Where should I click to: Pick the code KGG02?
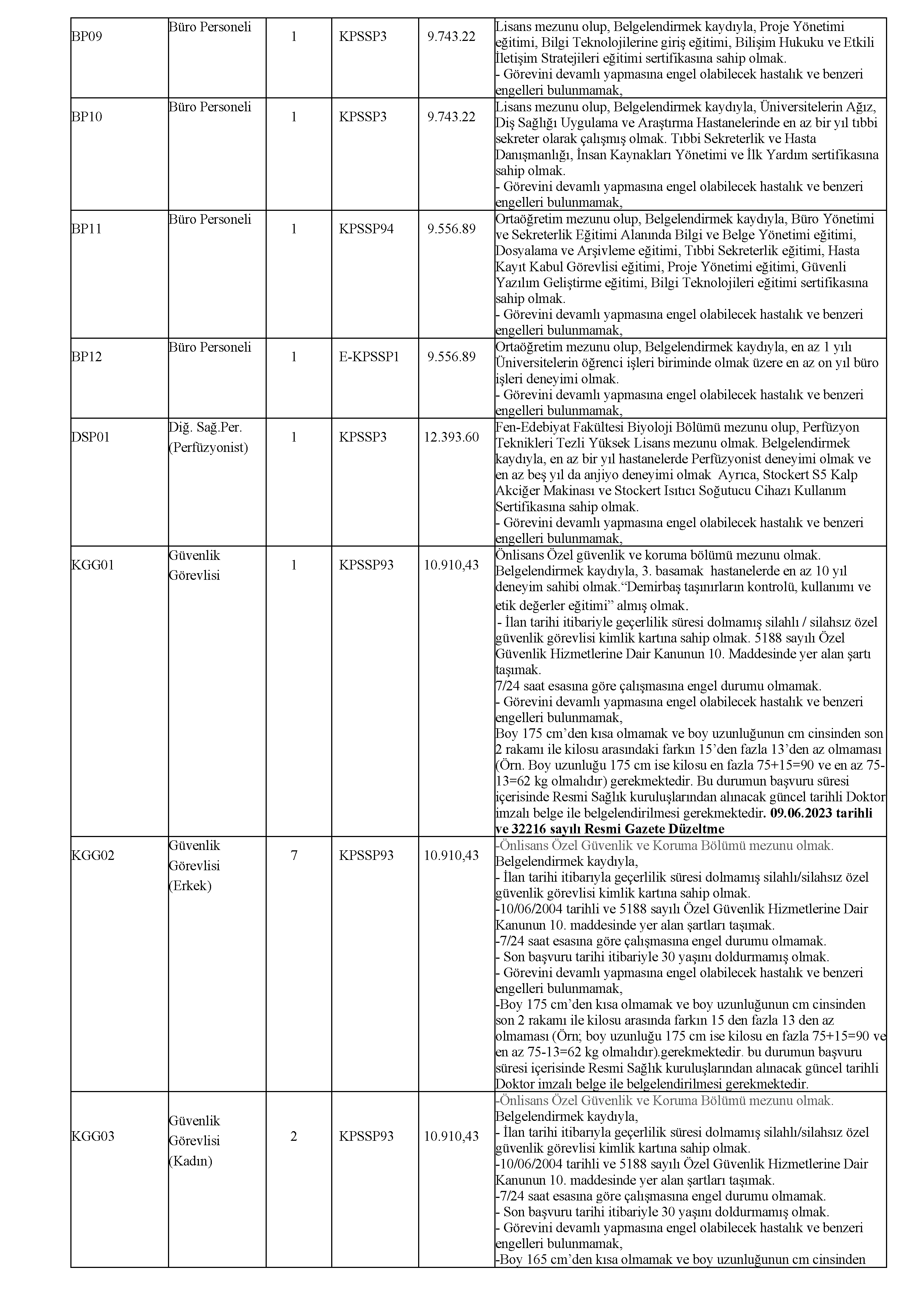point(92,855)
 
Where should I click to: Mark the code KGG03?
point(92,1136)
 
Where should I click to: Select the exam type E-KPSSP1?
point(369,357)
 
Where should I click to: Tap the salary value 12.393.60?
point(451,437)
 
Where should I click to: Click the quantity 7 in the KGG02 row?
point(294,855)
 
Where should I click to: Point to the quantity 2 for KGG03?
point(294,1136)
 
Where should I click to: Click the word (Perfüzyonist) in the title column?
point(208,448)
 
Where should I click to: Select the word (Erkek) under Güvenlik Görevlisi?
point(190,886)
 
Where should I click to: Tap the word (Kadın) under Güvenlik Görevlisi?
point(190,1161)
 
